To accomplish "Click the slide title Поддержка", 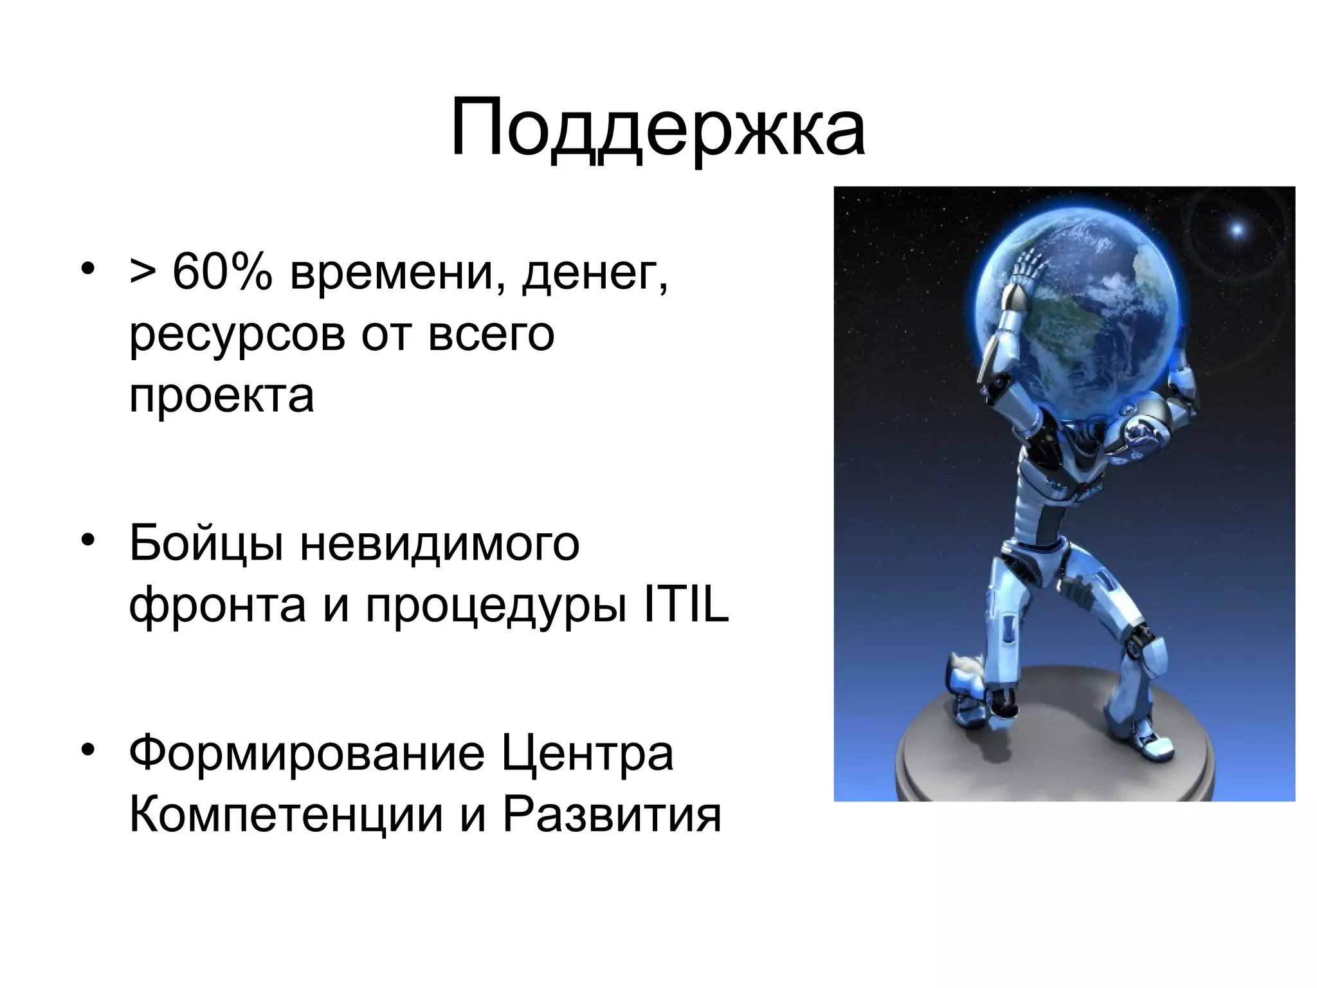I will click(657, 129).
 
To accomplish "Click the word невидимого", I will click(440, 544).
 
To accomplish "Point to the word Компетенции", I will click(286, 814).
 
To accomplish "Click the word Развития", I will click(612, 814).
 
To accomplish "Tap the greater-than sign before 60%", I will click(142, 273).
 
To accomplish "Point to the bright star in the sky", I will click(1236, 230).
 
